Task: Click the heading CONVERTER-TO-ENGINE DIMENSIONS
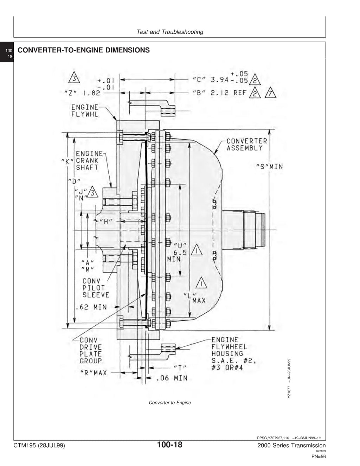click(84, 50)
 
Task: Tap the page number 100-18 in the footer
click(170, 445)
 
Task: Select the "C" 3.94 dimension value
click(220, 80)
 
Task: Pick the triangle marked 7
click(270, 92)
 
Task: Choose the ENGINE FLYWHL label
click(85, 111)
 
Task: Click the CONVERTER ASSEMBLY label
click(247, 145)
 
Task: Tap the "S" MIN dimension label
click(270, 167)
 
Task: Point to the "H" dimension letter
click(106, 222)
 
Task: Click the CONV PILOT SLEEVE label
click(96, 288)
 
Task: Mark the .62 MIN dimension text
click(91, 307)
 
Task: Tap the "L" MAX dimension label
click(195, 298)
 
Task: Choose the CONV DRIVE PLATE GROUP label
click(91, 350)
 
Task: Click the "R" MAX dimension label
click(94, 373)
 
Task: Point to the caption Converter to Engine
click(170, 403)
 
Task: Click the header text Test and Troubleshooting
click(170, 32)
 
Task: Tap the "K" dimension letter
click(67, 161)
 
